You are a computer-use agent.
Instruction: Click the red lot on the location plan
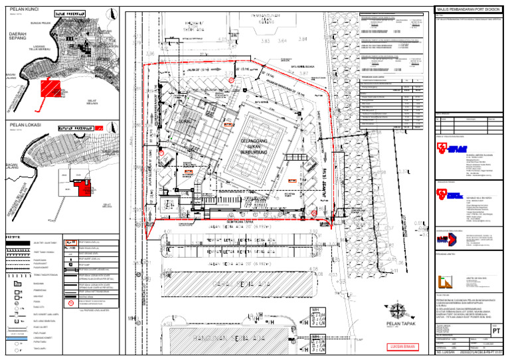click(x=84, y=188)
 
